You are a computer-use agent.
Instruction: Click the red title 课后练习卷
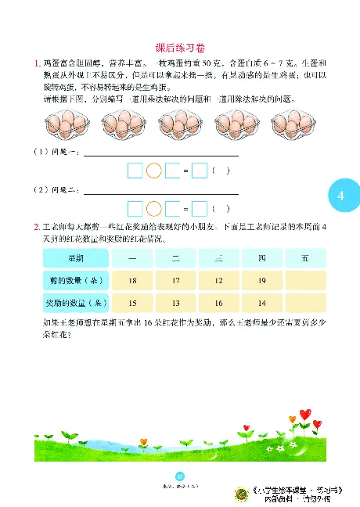point(179,47)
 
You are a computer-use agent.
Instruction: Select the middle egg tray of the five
point(179,122)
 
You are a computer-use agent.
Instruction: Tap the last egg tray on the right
point(291,122)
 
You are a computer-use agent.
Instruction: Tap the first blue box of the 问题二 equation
point(135,209)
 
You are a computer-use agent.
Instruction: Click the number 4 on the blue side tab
point(340,195)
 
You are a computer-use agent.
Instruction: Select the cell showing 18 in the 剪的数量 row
point(132,280)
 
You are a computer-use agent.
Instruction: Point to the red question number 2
point(37,227)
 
